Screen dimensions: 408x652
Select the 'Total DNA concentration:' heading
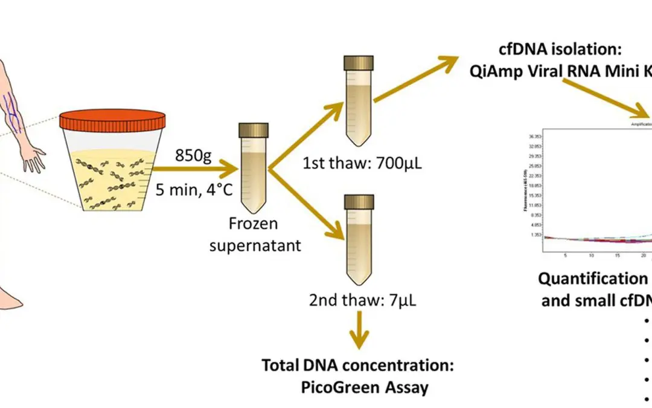357,366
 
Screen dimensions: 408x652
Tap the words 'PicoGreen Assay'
365,387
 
